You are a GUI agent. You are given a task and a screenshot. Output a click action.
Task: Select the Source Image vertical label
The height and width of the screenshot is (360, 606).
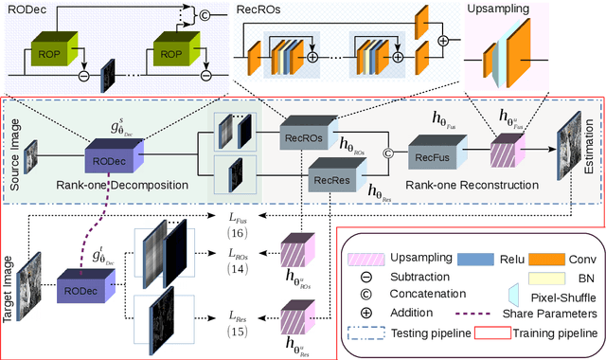[x=13, y=151]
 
